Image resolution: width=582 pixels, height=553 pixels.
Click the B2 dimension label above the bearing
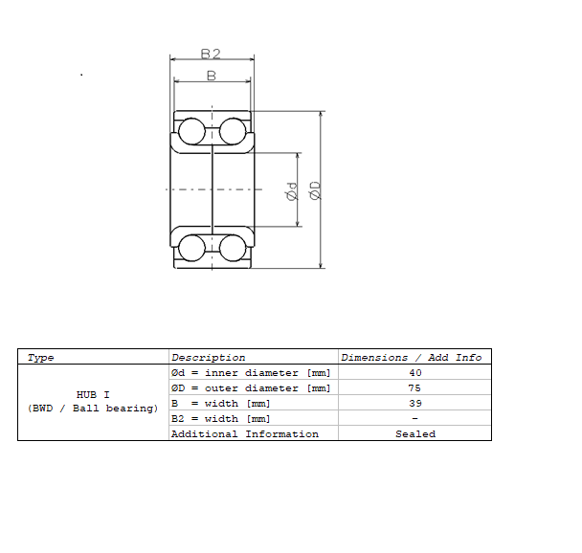click(x=211, y=54)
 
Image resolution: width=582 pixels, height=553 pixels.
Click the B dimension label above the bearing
click(x=211, y=75)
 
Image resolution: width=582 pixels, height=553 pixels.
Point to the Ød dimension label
click(x=292, y=191)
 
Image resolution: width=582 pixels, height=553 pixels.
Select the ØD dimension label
click(x=315, y=190)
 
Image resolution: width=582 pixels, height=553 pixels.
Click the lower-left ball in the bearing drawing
click(x=191, y=248)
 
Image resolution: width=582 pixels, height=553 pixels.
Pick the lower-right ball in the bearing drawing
click(x=233, y=248)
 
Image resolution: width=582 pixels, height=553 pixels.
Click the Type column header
click(x=41, y=358)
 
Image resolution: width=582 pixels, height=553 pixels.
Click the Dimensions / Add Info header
click(x=412, y=358)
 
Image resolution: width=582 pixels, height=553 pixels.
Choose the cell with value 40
click(x=414, y=373)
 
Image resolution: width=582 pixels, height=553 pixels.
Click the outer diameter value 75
click(x=414, y=388)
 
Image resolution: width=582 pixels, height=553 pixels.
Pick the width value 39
click(x=414, y=404)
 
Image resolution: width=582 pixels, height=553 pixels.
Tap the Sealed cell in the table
click(x=414, y=434)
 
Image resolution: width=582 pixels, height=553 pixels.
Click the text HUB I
click(x=93, y=394)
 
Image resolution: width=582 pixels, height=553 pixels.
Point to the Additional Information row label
click(x=244, y=434)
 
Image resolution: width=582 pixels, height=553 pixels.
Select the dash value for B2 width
click(x=414, y=419)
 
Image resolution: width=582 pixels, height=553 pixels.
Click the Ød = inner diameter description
click(x=250, y=373)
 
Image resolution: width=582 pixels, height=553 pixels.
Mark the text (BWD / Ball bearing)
click(x=93, y=409)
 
